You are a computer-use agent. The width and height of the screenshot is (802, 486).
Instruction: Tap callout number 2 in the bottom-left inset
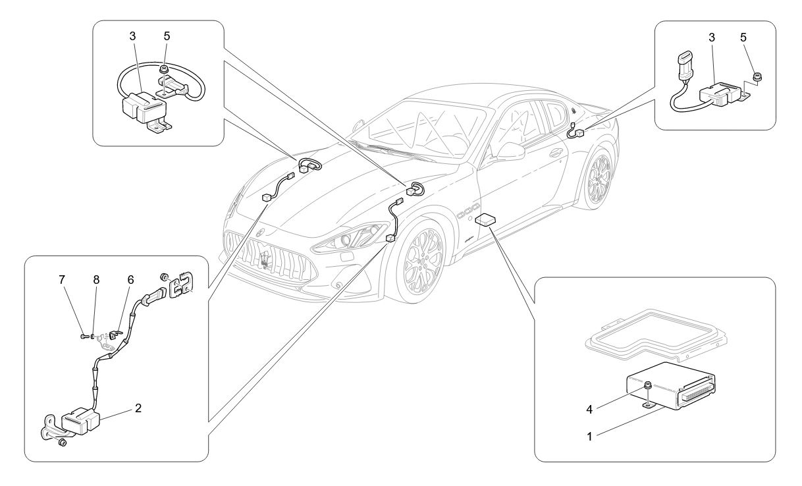pos(138,408)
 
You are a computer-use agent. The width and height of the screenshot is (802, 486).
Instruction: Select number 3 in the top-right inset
pos(712,38)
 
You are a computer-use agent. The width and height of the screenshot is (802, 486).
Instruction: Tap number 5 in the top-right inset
pos(743,38)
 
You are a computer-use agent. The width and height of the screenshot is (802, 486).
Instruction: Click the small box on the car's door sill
pos(489,219)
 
